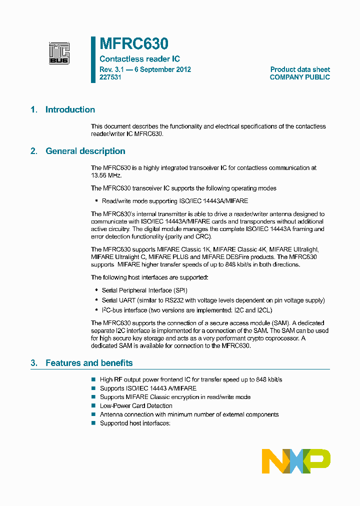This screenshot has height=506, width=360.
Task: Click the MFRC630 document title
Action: [x=133, y=44]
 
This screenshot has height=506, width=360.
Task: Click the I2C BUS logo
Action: [x=59, y=53]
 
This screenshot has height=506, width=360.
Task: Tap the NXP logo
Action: [x=296, y=461]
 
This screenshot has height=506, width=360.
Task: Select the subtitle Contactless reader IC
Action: [x=139, y=59]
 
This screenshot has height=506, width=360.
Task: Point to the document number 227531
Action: [x=110, y=77]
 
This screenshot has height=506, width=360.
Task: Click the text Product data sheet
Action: [x=300, y=69]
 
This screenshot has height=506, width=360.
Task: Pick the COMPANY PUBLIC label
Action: [x=299, y=77]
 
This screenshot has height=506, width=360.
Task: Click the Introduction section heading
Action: [x=70, y=110]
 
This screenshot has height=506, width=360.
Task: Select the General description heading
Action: [x=85, y=151]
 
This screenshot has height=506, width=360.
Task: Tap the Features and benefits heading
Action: [x=89, y=363]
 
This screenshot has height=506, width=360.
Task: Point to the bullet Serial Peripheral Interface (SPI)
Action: [x=144, y=290]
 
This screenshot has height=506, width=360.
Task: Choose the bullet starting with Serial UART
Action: [x=213, y=300]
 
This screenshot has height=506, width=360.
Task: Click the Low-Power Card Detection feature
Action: [x=136, y=406]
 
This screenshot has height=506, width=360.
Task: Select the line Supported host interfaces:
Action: [x=135, y=423]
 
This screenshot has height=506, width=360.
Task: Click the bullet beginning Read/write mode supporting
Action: [x=174, y=200]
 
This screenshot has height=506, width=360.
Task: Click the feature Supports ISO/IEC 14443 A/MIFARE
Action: [x=148, y=388]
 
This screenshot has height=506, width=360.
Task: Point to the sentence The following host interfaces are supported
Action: [x=149, y=277]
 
